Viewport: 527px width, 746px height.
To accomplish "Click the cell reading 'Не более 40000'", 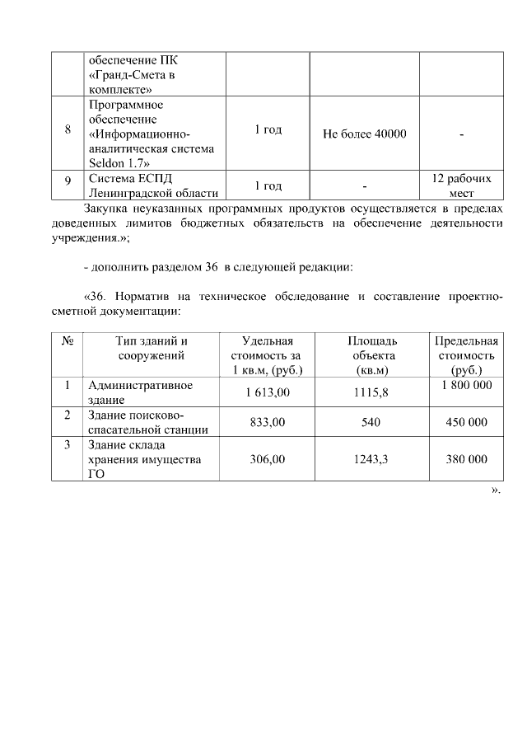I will pyautogui.click(x=365, y=134).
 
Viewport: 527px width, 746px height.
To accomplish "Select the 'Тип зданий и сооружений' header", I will pyautogui.click(x=152, y=348).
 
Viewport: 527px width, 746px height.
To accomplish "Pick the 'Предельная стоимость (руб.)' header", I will pyautogui.click(x=466, y=355).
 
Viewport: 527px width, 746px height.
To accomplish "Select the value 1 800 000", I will pyautogui.click(x=466, y=385).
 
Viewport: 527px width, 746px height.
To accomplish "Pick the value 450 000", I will pyautogui.click(x=466, y=422).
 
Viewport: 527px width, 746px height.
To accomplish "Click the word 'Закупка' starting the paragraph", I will pyautogui.click(x=105, y=208).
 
